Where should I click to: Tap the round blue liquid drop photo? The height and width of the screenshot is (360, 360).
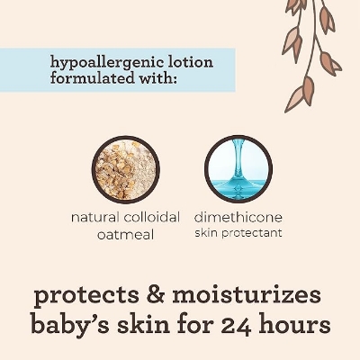point(238,167)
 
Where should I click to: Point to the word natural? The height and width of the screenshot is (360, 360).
point(94,219)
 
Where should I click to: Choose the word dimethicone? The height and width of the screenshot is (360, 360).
point(238,218)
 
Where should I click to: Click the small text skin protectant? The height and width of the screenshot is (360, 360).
point(238,233)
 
